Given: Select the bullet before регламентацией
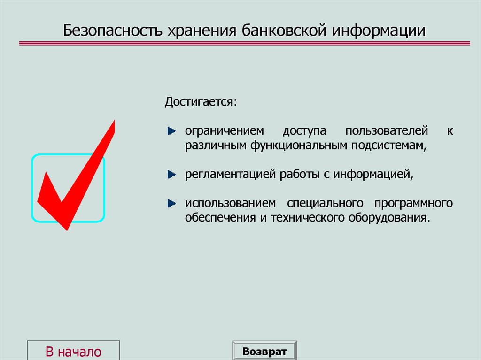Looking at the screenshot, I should pyautogui.click(x=172, y=175).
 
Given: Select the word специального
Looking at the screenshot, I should pyautogui.click(x=325, y=204).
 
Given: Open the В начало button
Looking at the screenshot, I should pyautogui.click(x=73, y=351).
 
